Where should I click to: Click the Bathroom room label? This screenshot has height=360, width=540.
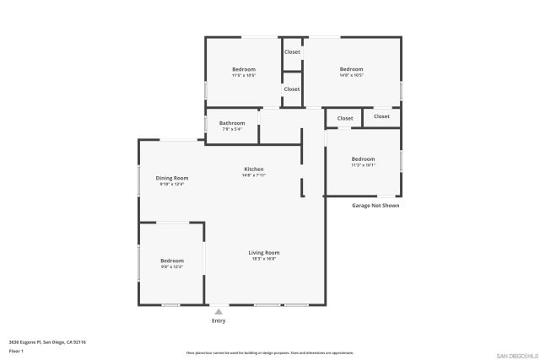click(x=232, y=123)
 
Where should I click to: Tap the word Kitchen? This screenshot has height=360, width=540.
click(x=254, y=169)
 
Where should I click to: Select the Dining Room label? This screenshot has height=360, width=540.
click(x=172, y=178)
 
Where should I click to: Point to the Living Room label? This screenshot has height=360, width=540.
click(x=263, y=252)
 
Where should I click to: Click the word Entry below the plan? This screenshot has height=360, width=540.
click(x=219, y=321)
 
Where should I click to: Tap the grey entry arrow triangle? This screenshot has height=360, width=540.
click(x=219, y=312)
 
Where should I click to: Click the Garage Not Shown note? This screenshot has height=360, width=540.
click(x=375, y=205)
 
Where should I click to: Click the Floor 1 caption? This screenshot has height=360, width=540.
click(x=17, y=350)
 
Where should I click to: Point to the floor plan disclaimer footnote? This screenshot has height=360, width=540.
click(x=270, y=352)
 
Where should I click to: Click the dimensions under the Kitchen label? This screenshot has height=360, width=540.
click(x=254, y=175)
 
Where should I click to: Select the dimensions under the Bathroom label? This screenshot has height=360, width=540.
click(x=232, y=129)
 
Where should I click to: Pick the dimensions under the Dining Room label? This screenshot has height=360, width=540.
click(x=172, y=184)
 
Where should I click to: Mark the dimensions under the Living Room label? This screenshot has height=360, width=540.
click(x=263, y=259)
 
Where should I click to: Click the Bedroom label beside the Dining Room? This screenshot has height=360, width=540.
click(x=172, y=261)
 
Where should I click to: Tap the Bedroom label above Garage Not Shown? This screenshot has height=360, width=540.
click(x=363, y=159)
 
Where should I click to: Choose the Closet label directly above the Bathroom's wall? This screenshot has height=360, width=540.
click(x=292, y=89)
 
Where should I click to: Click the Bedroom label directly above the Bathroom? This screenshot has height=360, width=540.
click(x=244, y=69)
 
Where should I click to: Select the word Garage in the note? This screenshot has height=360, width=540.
click(x=361, y=205)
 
